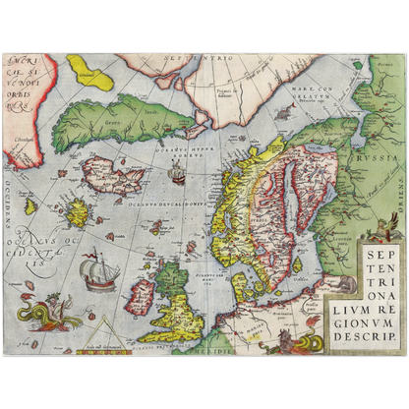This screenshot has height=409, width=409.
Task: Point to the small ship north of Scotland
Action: tap(177, 175)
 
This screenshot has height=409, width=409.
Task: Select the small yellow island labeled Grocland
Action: tap(88, 72)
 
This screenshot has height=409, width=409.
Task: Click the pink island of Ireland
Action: tap(143, 292)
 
